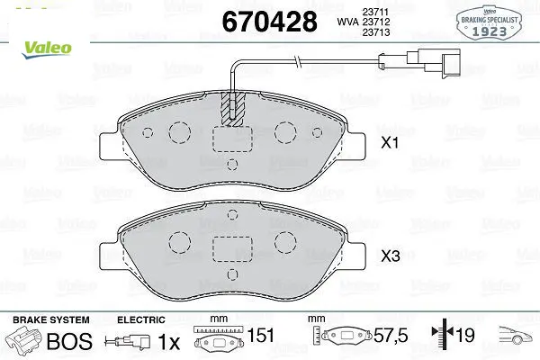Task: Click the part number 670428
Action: click(269, 22)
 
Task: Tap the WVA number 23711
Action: click(375, 12)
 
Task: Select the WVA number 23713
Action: click(375, 32)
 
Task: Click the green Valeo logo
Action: click(47, 49)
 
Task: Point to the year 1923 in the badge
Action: click(489, 32)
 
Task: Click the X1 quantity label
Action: click(390, 142)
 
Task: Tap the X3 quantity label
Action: click(391, 256)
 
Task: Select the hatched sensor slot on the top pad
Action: click(232, 109)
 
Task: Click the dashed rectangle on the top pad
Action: click(232, 139)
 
